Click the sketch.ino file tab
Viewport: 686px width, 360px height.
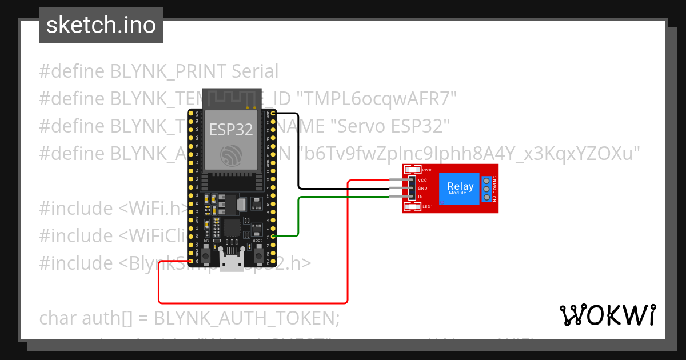pos(101,25)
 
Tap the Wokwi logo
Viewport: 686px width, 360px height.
pos(607,315)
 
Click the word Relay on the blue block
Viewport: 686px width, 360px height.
pos(460,186)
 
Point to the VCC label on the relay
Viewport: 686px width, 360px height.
pos(423,180)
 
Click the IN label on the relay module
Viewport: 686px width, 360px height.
pos(421,196)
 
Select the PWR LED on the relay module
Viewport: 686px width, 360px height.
pos(412,170)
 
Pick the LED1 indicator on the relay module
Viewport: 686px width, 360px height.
pos(412,206)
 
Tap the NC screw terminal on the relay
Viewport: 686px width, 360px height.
pos(486,180)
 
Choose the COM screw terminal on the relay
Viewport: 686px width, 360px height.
pos(486,189)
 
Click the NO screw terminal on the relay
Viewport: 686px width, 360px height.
pos(486,197)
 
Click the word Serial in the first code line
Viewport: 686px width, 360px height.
pos(255,71)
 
